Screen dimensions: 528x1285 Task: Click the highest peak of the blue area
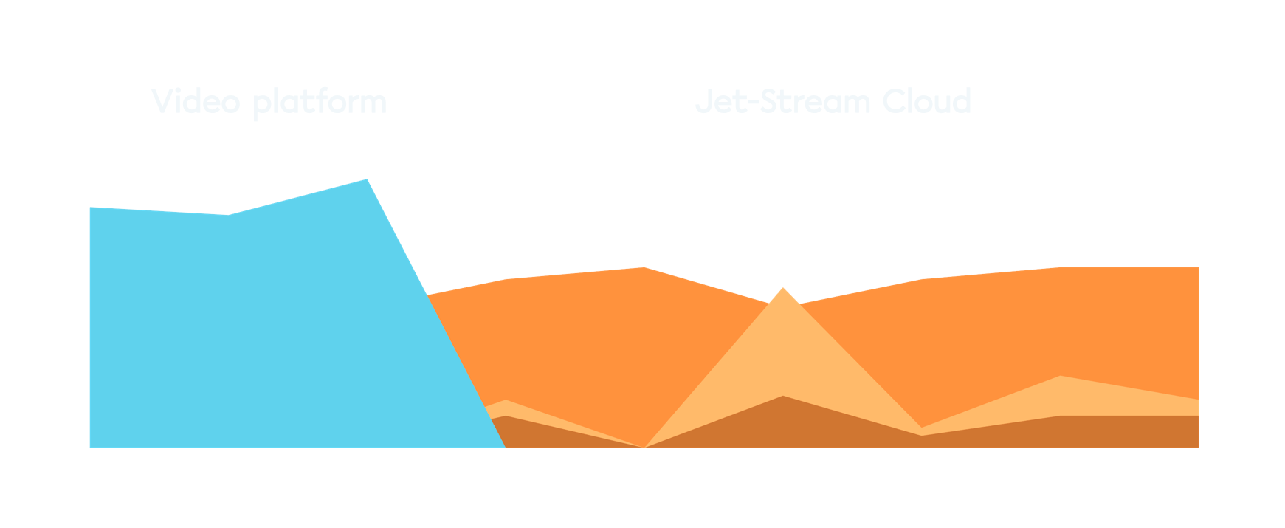coord(367,179)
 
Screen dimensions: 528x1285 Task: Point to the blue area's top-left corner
coord(91,208)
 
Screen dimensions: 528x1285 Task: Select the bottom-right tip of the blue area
coord(504,447)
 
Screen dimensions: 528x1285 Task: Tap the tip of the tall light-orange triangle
coord(783,288)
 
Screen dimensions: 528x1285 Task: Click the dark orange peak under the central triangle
coord(783,397)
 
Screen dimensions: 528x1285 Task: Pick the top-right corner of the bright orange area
coord(1198,268)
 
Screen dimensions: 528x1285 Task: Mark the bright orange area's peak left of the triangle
coord(644,267)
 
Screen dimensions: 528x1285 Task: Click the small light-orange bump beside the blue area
coord(505,402)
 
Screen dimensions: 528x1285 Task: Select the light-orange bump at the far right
coord(1061,377)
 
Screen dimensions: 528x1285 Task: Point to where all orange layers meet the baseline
coord(644,447)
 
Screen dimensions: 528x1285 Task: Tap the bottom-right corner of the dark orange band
coord(1198,447)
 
